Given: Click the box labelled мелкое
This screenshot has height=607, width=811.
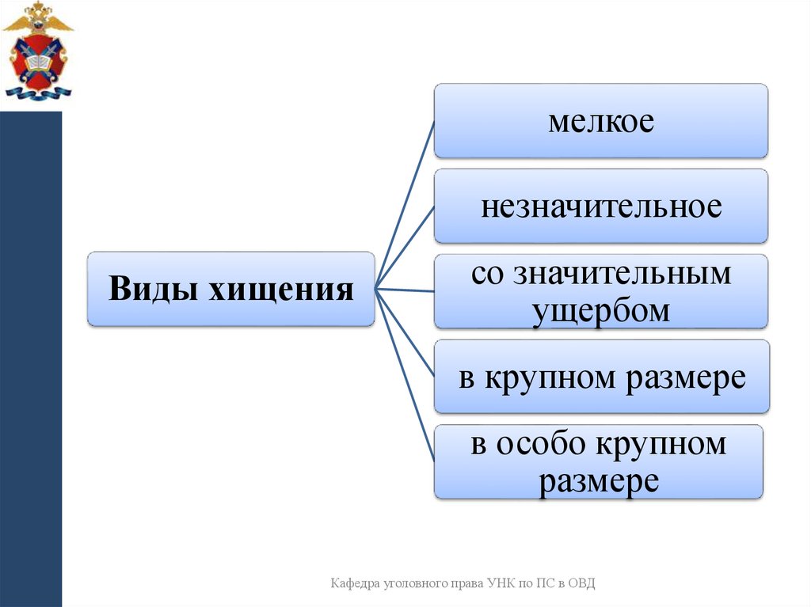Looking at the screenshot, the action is [x=600, y=121].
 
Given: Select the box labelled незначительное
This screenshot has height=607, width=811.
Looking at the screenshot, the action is [x=600, y=206].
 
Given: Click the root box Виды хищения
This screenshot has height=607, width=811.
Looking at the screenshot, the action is [x=230, y=289].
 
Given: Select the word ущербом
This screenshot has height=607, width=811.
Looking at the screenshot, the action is [x=601, y=310].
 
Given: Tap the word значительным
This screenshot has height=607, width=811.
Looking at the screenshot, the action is [x=623, y=273].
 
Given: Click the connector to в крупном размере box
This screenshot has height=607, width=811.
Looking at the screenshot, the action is [x=405, y=332].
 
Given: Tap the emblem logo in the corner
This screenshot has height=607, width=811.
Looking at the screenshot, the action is [x=37, y=51].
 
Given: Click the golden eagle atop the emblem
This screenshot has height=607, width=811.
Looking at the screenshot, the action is [x=37, y=17].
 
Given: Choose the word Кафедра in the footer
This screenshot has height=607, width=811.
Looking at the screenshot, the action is [x=354, y=584].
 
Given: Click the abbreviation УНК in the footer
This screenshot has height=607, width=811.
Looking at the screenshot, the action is [x=504, y=584].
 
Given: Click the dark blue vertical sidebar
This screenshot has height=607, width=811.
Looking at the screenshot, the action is [x=31, y=356].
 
